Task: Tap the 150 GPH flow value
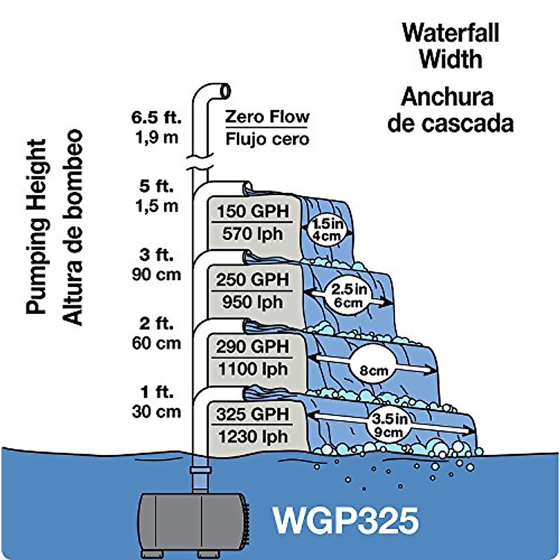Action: (252, 211)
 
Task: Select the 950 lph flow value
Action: (252, 302)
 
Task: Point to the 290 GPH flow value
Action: (252, 347)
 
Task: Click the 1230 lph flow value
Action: (252, 437)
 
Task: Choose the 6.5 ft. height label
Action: (156, 118)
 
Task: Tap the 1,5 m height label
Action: (157, 206)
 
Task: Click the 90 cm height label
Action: (156, 274)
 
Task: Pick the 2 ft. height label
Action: (156, 323)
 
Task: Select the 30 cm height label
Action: (156, 412)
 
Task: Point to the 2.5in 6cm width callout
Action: (349, 296)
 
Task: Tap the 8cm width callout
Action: (374, 371)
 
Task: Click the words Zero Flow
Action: (267, 117)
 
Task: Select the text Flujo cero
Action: (267, 139)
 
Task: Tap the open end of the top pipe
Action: (226, 91)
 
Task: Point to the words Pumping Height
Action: (36, 226)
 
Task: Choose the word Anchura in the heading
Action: (447, 97)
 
